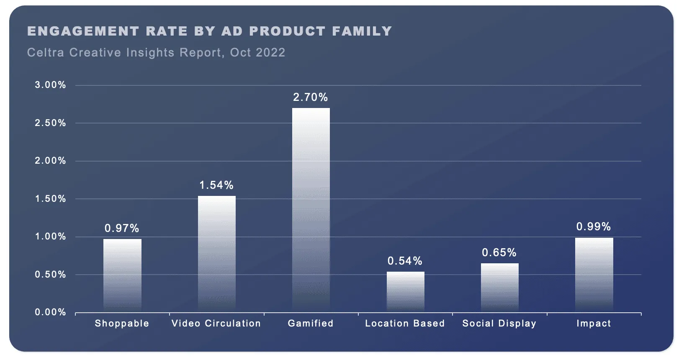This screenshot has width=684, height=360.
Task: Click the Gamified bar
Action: (x=311, y=209)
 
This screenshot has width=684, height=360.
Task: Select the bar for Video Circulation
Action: (x=216, y=253)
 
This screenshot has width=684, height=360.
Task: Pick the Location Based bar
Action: (x=405, y=291)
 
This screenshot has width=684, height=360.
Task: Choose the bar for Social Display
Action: (x=499, y=287)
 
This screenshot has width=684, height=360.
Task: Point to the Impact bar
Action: (x=594, y=275)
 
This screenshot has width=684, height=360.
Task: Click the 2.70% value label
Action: (x=310, y=97)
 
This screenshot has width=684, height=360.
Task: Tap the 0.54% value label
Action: (x=405, y=261)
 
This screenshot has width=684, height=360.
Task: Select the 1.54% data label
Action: (x=216, y=185)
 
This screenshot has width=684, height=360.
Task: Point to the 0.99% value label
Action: (x=593, y=226)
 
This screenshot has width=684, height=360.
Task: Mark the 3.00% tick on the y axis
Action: (x=50, y=85)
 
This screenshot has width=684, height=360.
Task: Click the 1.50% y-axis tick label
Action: (x=50, y=199)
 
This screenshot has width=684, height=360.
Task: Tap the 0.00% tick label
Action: (x=50, y=312)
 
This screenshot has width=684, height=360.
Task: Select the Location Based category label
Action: (x=405, y=323)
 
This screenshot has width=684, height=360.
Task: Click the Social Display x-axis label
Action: (x=499, y=323)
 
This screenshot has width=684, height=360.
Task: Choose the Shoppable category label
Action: (x=122, y=323)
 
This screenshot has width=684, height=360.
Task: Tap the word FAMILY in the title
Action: (x=362, y=31)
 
